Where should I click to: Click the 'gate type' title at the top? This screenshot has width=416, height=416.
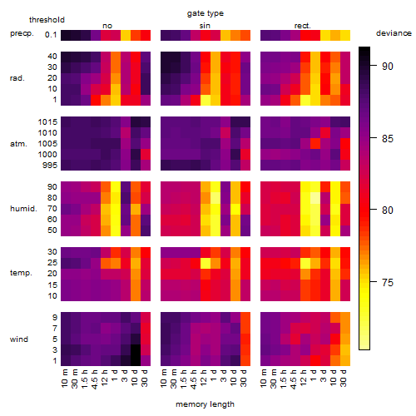206,13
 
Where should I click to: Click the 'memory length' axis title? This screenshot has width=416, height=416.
205,404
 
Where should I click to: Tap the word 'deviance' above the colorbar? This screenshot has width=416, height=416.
394,33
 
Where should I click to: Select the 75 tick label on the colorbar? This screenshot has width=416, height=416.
387,282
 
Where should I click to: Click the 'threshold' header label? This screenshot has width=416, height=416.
47,20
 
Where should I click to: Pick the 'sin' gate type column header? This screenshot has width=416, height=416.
205,26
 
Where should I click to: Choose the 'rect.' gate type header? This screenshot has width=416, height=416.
302,26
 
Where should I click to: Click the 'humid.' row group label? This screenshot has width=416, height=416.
23,209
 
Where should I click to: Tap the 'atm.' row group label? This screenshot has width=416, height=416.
18,144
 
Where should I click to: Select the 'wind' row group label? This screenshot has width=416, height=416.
19,339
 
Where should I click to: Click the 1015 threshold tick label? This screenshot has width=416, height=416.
47,122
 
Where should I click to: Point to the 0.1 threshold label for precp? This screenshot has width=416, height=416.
51,35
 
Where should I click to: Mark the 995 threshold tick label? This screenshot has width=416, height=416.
50,166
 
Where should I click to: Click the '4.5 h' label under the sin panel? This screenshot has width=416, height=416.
194,379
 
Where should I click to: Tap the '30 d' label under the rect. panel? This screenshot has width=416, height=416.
344,378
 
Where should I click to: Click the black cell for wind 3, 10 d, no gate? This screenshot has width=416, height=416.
136,350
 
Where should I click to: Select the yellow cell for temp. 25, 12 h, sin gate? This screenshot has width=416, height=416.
206,263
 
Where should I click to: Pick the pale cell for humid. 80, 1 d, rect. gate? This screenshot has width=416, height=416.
315,198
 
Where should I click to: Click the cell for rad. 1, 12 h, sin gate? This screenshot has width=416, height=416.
206,100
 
